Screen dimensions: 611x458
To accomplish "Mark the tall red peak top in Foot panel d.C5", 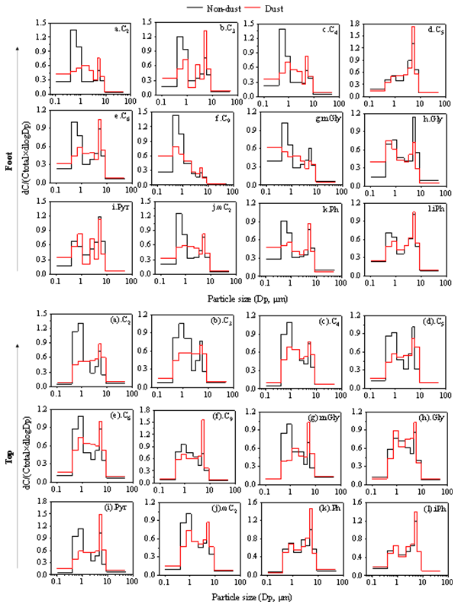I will (413, 27).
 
